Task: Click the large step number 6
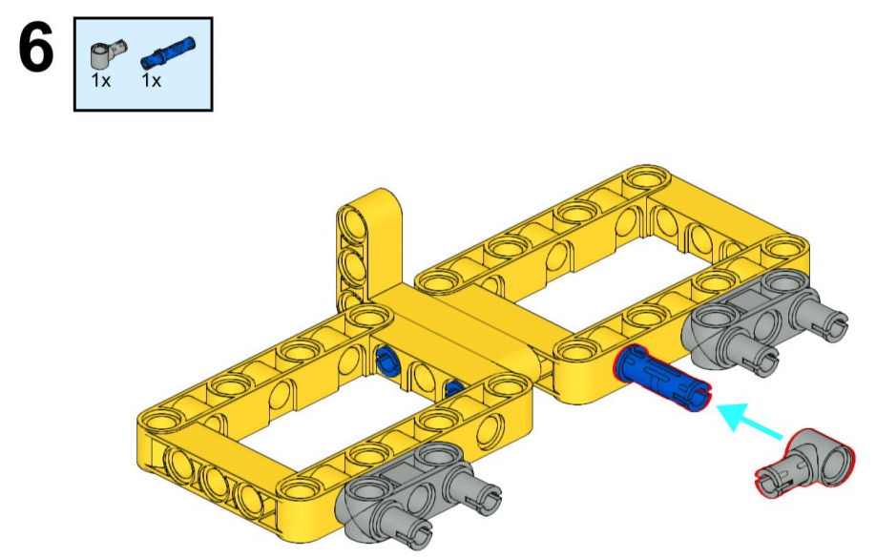click(36, 50)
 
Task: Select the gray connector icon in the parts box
click(108, 54)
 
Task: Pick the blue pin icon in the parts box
click(168, 52)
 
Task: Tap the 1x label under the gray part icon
click(101, 80)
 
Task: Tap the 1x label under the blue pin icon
click(151, 80)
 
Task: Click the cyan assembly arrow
click(750, 423)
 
